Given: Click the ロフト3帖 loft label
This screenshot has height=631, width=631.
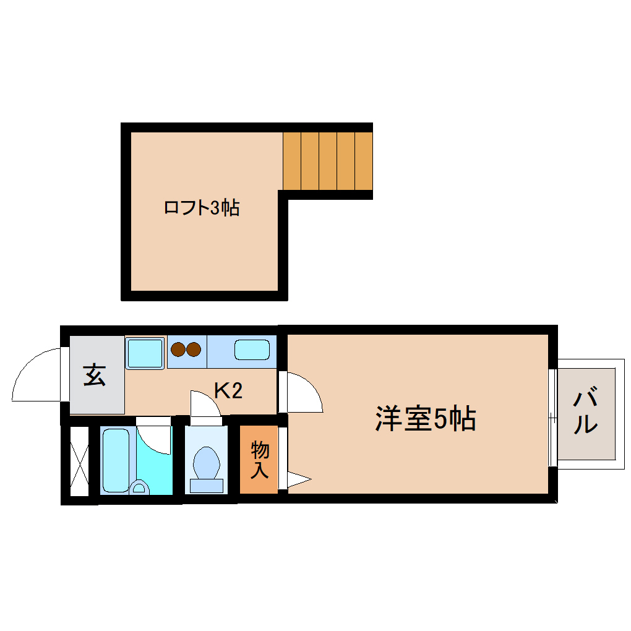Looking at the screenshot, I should click(201, 208).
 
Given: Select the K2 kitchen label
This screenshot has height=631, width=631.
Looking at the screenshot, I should click(228, 390).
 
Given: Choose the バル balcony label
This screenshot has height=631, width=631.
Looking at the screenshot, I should click(585, 411).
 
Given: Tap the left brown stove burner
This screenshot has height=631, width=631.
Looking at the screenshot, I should click(179, 350).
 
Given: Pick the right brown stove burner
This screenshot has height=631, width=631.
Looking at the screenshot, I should click(194, 350).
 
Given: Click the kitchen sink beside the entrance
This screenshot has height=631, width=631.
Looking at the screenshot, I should click(145, 353).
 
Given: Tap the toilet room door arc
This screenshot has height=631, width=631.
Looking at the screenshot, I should click(204, 405).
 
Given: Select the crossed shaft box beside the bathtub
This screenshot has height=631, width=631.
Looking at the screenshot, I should click(79, 461).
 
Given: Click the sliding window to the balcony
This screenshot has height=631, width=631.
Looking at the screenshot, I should click(552, 417).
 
